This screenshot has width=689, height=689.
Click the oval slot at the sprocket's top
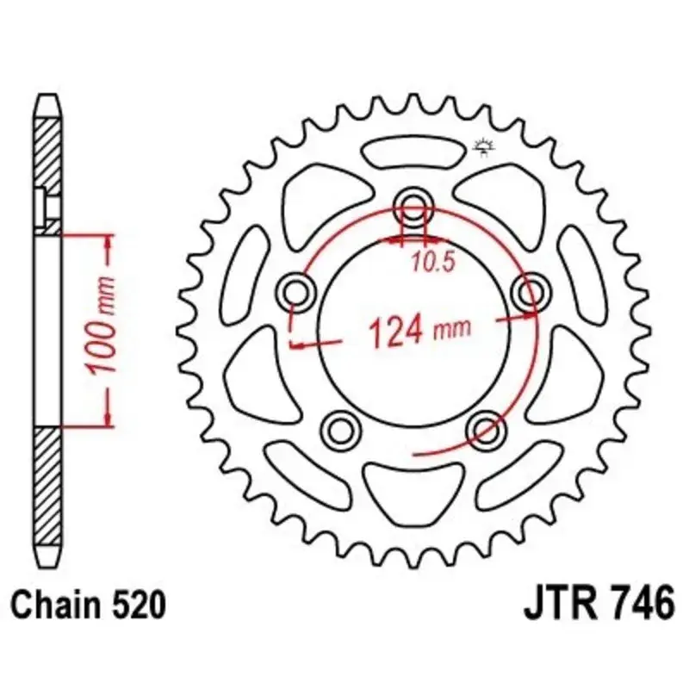pos(412,153)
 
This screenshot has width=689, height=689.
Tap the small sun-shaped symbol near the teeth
pos(483,150)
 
